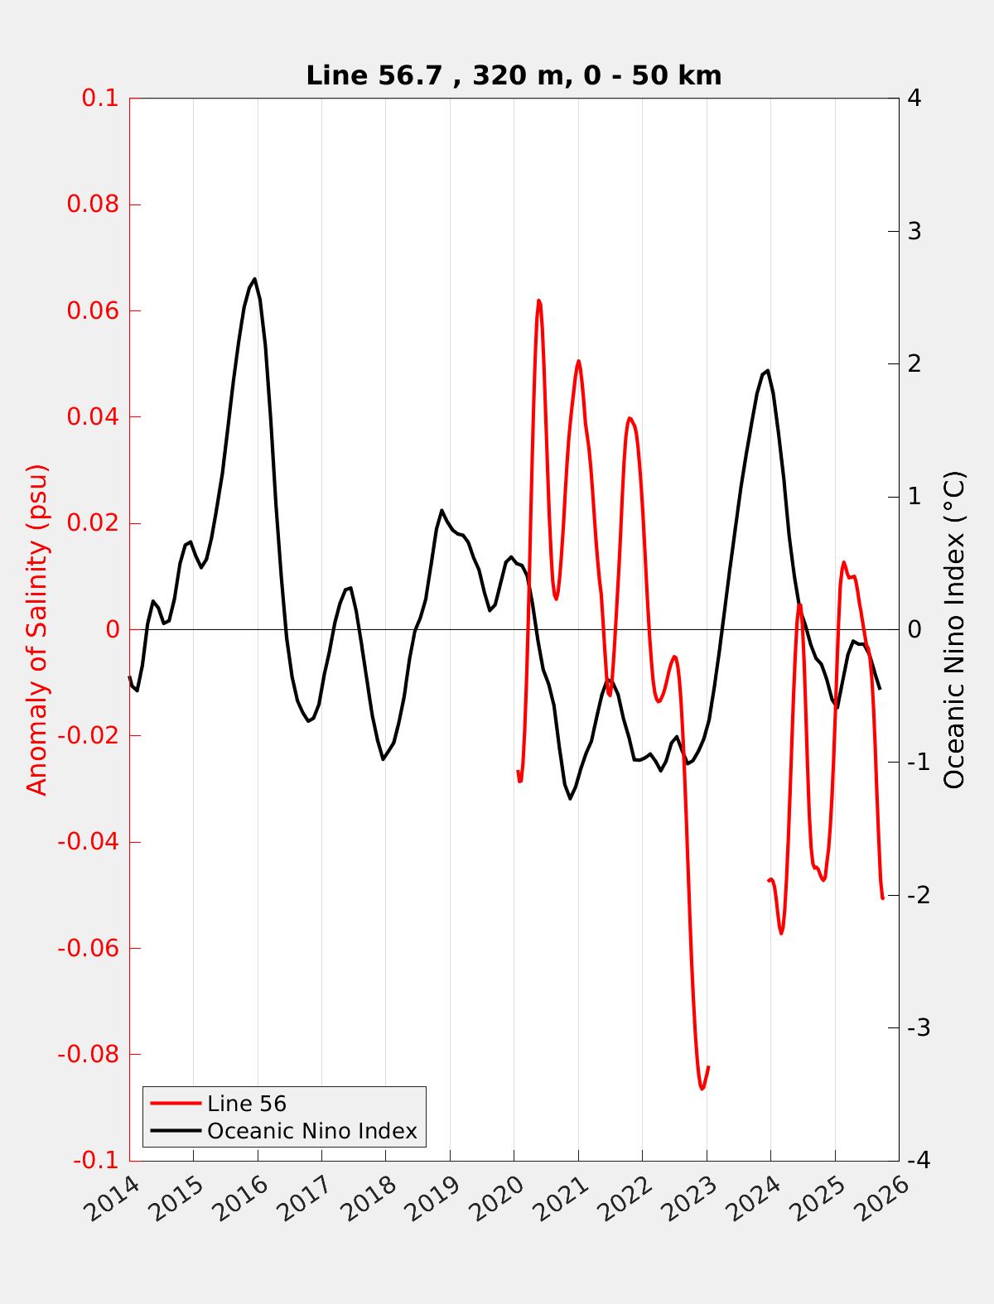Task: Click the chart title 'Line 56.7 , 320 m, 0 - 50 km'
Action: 514,75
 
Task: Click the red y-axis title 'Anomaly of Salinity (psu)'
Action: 37,629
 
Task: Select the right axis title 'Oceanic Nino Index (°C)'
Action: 955,629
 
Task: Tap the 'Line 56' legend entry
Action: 246,1104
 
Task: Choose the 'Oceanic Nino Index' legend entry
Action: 311,1131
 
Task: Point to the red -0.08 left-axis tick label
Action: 88,1054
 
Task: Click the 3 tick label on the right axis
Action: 914,231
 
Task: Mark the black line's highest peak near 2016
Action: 254,279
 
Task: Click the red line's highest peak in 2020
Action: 538,301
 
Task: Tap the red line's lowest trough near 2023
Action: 702,1089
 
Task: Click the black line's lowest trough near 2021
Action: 571,798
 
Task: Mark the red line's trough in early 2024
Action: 781,933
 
